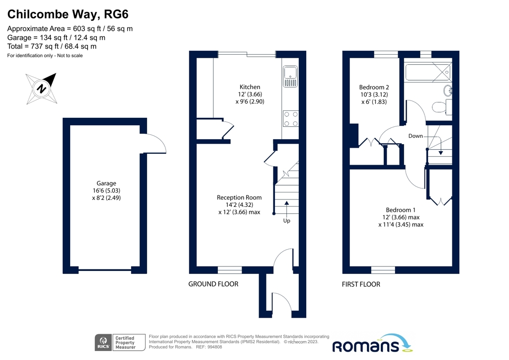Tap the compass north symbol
coord(42,89)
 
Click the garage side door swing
coord(155,144)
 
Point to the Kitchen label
coord(250,87)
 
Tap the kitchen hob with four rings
coord(290,118)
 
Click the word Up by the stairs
coord(286,221)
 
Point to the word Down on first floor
coord(416,136)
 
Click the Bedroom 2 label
coord(374,87)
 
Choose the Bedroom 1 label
coord(401,209)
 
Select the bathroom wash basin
coord(447,90)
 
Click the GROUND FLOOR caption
coord(213,284)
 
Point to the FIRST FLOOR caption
coord(361,284)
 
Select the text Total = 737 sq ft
coord(52,46)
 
